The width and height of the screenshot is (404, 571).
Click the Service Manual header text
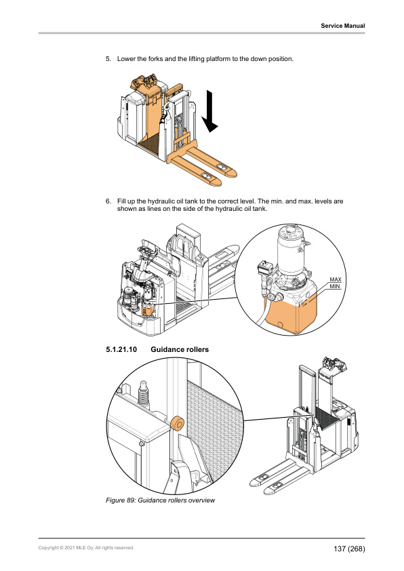[x=342, y=26]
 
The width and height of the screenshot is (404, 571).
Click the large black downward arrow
[x=210, y=112]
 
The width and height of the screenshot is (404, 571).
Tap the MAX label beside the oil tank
[x=334, y=279]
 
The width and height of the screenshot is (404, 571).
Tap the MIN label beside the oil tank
[x=334, y=287]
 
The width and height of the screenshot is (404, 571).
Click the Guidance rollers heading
[x=180, y=350]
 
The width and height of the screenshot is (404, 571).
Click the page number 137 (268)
[x=349, y=548]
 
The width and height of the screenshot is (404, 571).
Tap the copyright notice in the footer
[x=86, y=547]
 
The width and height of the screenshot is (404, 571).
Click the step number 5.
[x=108, y=60]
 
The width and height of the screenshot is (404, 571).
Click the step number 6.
[x=108, y=202]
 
